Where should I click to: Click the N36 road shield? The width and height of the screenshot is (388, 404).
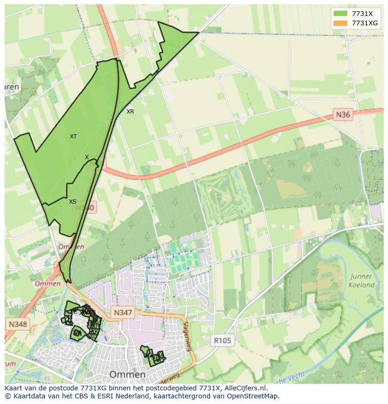point(343,114)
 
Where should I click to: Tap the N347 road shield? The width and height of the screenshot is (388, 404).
point(123,313)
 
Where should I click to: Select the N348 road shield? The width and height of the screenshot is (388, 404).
point(18,324)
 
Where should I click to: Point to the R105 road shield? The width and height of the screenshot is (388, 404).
point(222,341)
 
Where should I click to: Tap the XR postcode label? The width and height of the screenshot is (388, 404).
point(130,112)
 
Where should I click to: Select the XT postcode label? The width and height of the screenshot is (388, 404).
point(74,137)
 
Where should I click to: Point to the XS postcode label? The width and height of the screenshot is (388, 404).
point(73,202)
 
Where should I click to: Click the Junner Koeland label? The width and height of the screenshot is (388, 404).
point(361,281)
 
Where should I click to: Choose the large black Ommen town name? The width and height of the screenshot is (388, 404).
point(127,374)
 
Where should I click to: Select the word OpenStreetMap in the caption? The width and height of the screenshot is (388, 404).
point(253,396)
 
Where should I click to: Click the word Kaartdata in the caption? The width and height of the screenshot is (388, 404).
point(27,396)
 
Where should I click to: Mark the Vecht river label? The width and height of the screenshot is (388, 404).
point(296,377)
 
